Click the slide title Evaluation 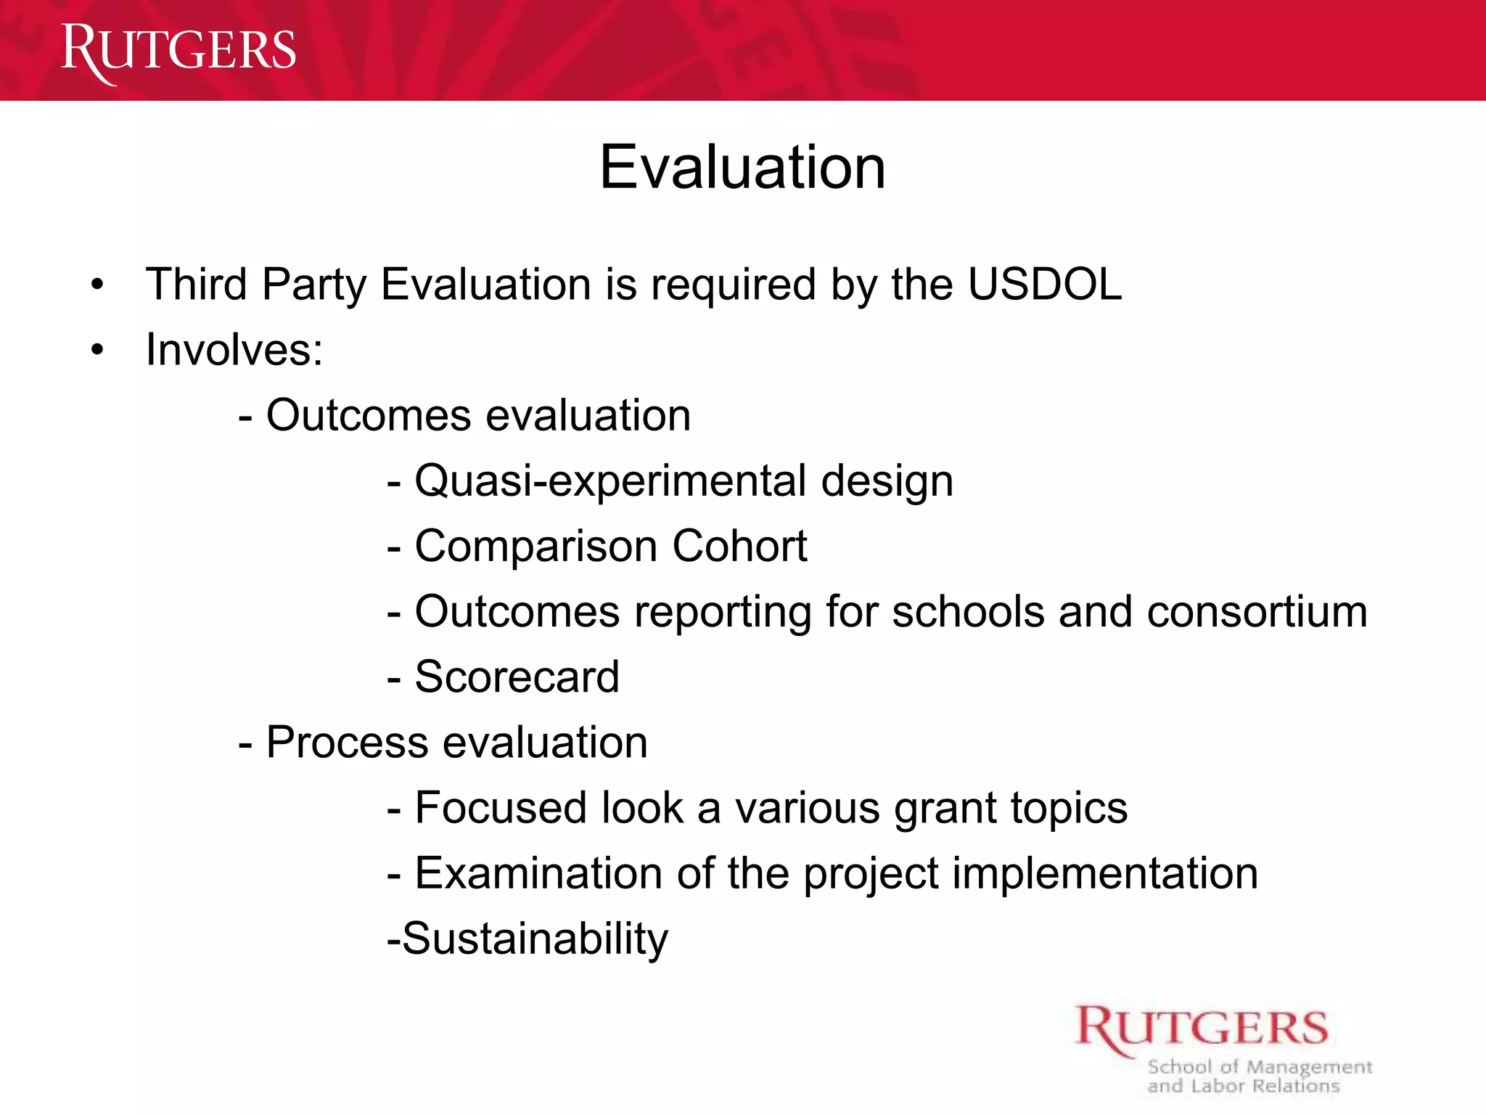point(742,168)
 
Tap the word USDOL point(1045,284)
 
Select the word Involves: point(234,350)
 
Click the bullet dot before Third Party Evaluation point(98,285)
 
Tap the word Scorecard point(517,677)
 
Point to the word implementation point(1105,873)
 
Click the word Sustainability point(535,939)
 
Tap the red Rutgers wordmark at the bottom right point(1202,1029)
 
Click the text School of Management point(1260,1067)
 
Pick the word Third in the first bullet point(196,284)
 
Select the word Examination point(538,873)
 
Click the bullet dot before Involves point(98,351)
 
